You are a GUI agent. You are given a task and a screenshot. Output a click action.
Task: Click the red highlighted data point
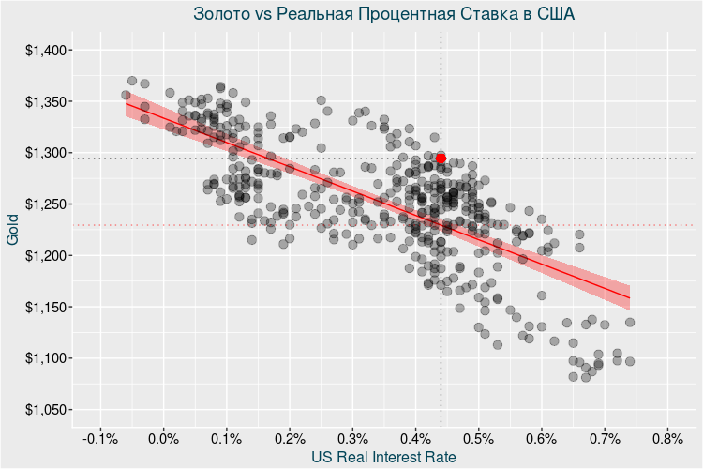point(441,159)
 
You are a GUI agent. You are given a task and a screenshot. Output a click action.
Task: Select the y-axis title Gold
point(13,230)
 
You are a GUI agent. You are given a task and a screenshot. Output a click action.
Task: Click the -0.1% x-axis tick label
point(99,438)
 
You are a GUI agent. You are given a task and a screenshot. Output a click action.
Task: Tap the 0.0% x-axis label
point(164,438)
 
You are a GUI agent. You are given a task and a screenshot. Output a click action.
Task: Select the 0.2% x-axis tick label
point(290,438)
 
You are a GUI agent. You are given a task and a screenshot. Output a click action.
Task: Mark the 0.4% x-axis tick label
point(415,438)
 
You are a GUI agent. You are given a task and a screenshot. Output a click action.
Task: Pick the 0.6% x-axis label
point(541,438)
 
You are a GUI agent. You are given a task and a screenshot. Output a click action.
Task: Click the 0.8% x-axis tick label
point(666,438)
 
